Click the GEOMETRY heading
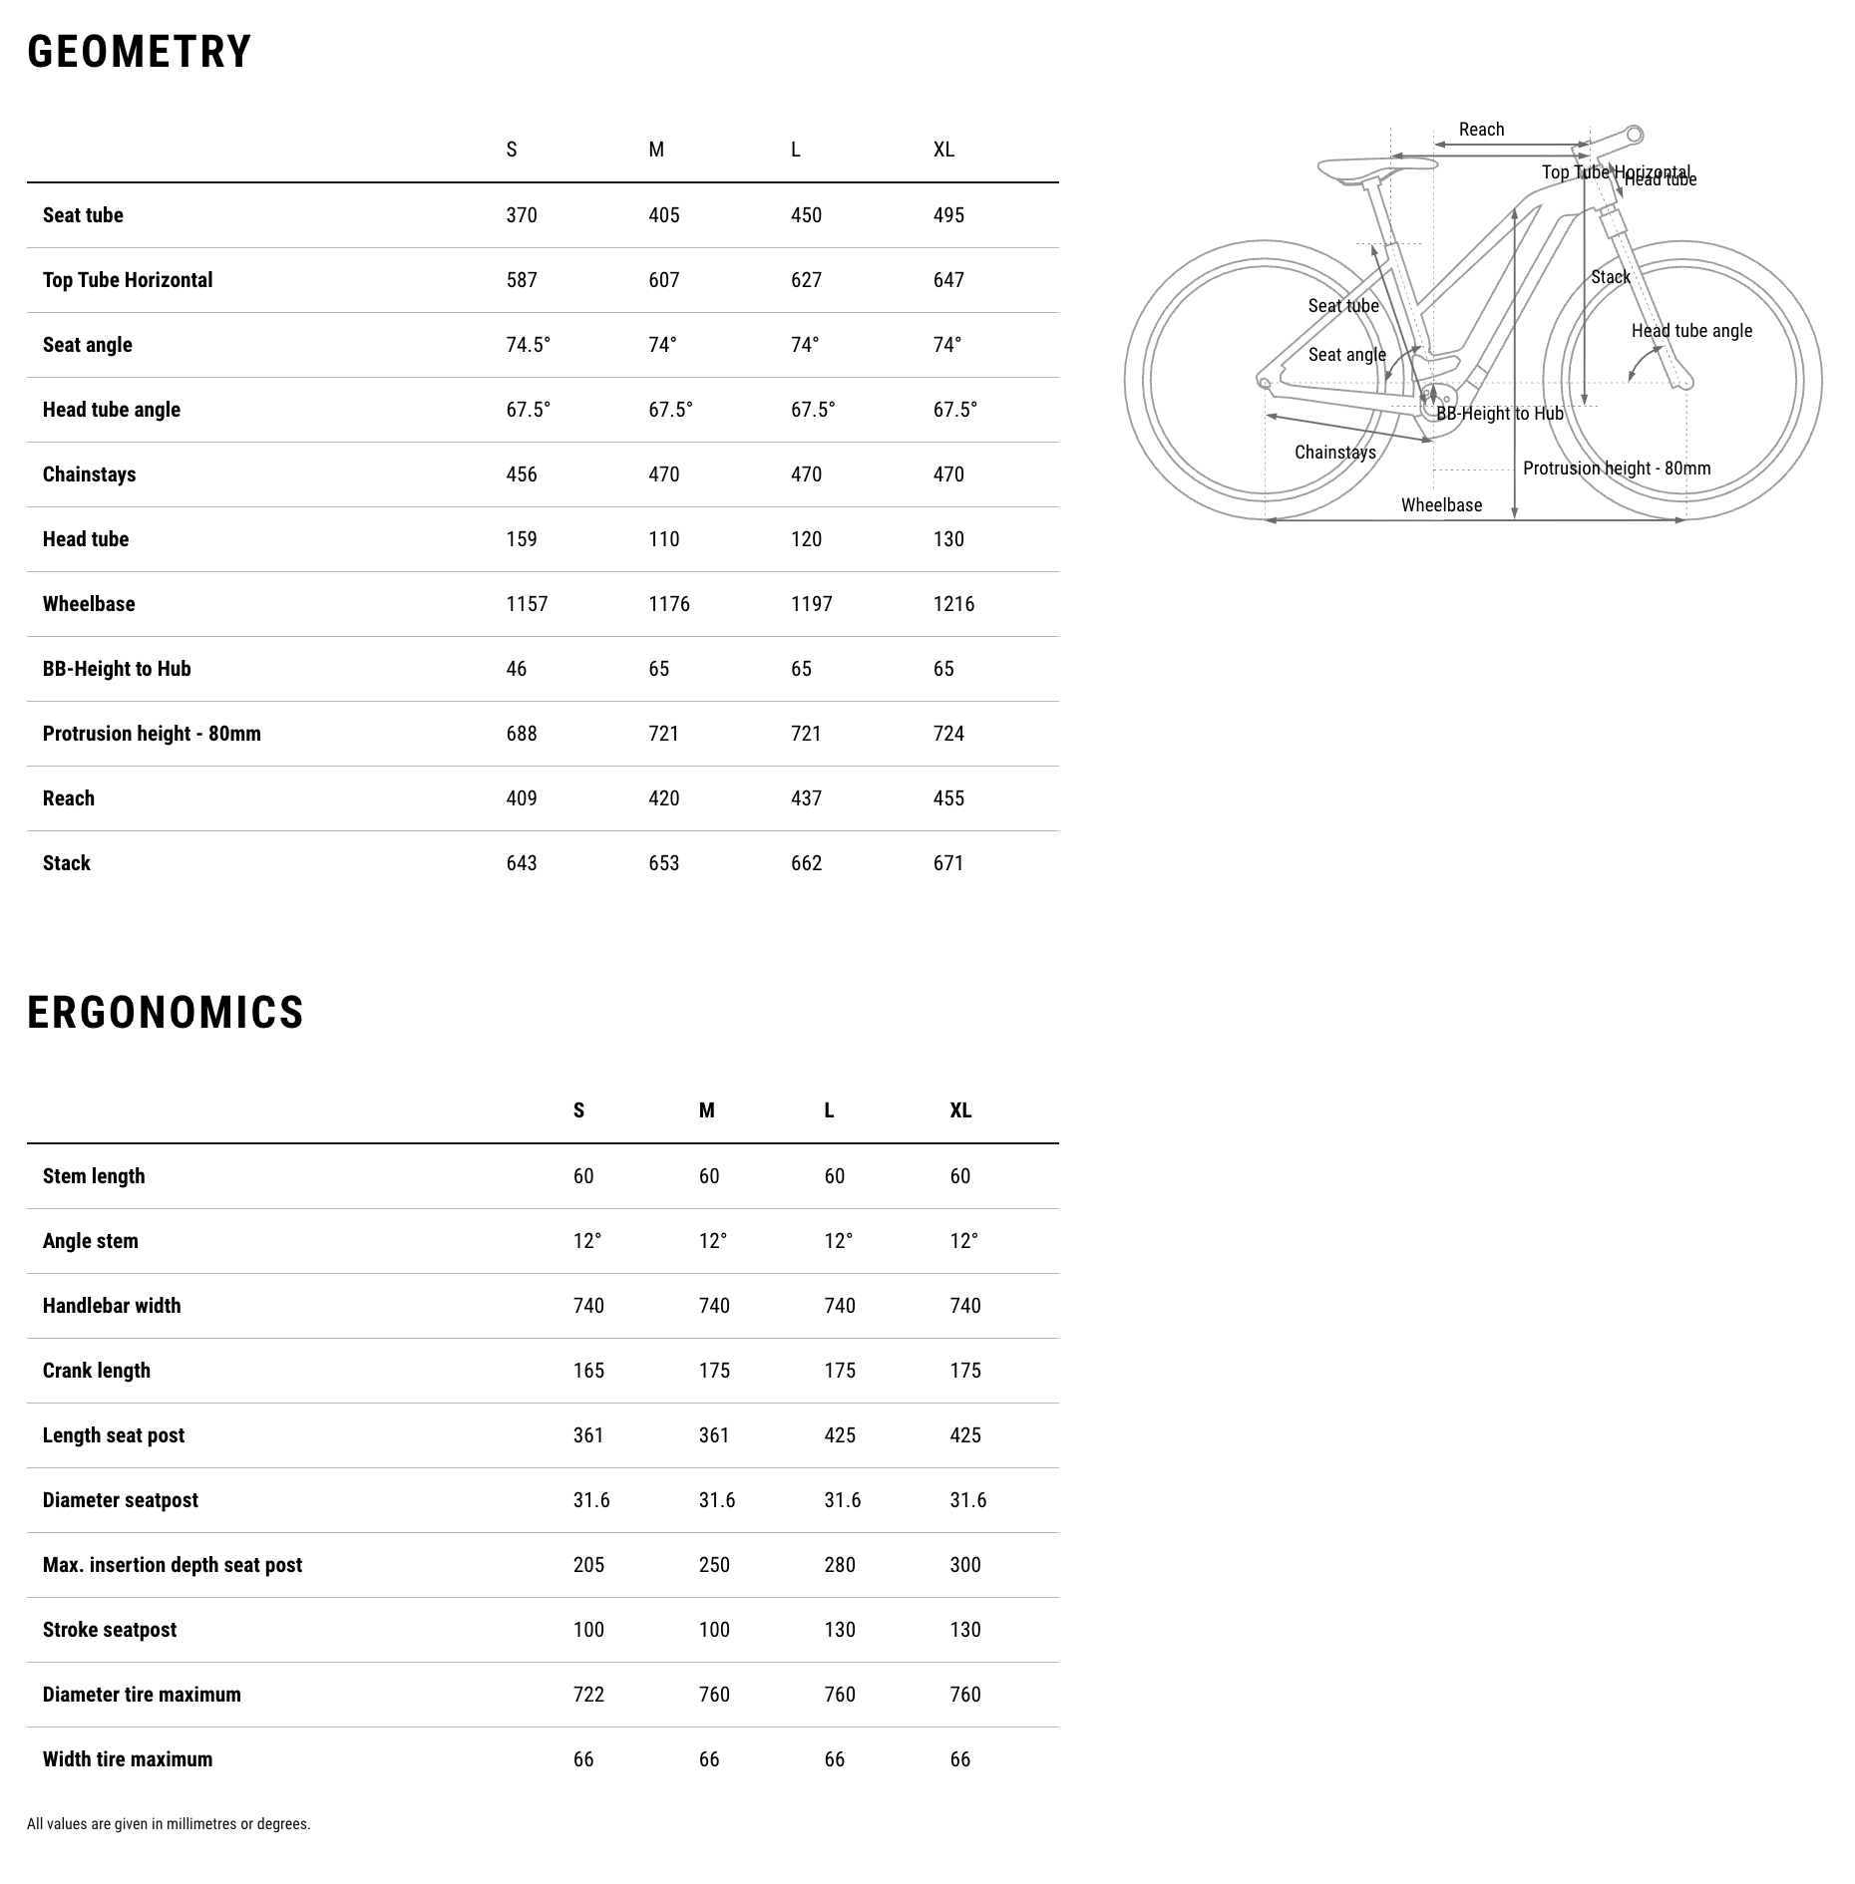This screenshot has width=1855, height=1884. tap(140, 52)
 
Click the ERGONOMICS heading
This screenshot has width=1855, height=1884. tap(166, 1013)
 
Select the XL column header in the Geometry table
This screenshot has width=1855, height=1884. tap(943, 150)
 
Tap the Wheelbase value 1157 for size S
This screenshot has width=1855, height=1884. tap(527, 604)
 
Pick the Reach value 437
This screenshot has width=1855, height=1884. tap(806, 798)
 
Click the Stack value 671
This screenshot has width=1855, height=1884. tap(948, 863)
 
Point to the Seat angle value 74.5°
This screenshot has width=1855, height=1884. tap(528, 345)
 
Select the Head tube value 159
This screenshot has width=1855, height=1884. tap(522, 539)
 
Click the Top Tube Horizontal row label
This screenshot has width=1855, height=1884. tap(128, 280)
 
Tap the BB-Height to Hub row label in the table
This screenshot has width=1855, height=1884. tap(117, 669)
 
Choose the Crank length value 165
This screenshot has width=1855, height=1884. tap(588, 1371)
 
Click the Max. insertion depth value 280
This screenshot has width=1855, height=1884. tap(840, 1565)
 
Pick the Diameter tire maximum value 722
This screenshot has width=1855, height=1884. tap(588, 1695)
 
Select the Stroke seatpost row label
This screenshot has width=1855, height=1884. tap(110, 1630)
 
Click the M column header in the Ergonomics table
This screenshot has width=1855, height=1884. tap(706, 1110)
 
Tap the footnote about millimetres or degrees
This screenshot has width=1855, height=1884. tap(169, 1824)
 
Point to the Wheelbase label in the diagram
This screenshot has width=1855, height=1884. tap(1441, 505)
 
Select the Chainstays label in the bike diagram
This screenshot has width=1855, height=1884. tap(1334, 453)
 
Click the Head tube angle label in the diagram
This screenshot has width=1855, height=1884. tap(1691, 331)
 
